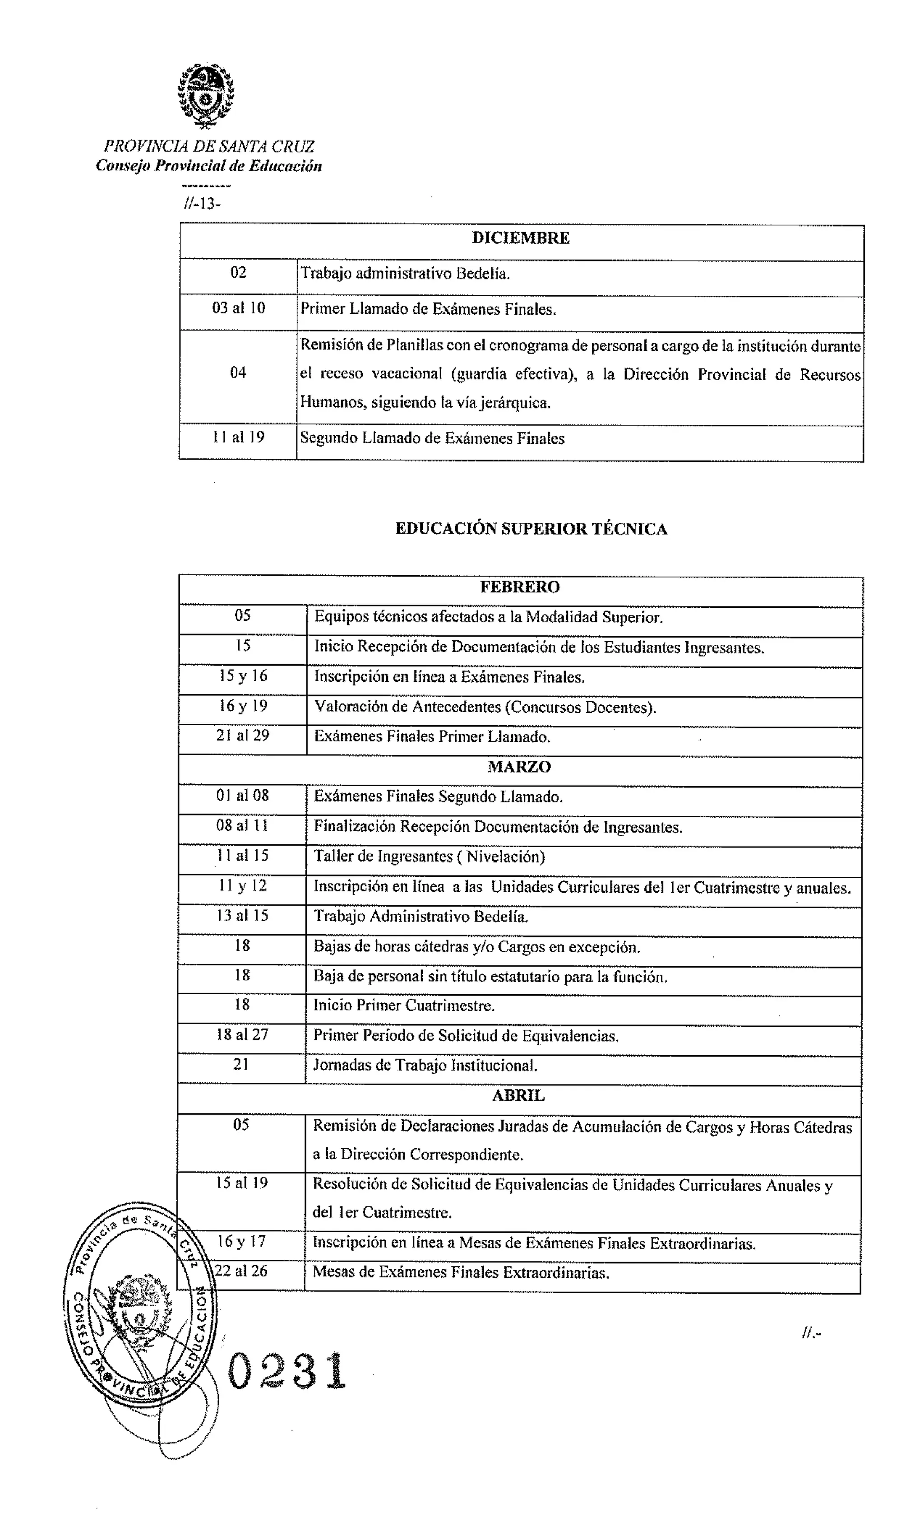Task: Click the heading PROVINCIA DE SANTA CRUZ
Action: tap(209, 146)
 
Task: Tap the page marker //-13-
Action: tap(201, 203)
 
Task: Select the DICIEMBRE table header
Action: tap(520, 238)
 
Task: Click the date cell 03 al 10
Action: tap(238, 308)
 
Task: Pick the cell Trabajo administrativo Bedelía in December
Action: tap(405, 273)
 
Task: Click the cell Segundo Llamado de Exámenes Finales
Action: tap(432, 438)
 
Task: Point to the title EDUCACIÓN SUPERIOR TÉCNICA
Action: tap(531, 529)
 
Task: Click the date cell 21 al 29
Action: tap(243, 736)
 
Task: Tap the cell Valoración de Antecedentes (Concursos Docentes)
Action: tap(485, 707)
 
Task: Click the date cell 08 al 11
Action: tap(242, 826)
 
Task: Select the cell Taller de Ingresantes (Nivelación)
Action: tap(429, 856)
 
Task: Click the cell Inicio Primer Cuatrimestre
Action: tap(404, 1005)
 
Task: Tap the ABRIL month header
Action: tap(518, 1096)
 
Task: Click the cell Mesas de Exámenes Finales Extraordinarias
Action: tap(461, 1272)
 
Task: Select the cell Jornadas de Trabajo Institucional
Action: tap(425, 1065)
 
